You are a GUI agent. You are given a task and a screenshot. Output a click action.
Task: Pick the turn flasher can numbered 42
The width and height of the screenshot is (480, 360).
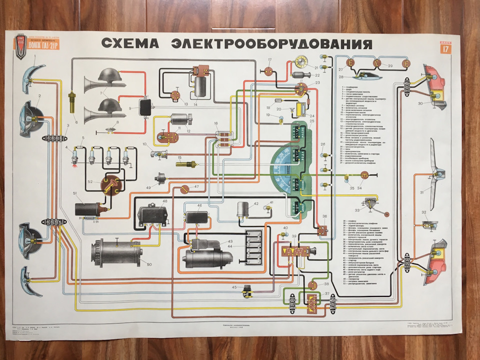(244, 210)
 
